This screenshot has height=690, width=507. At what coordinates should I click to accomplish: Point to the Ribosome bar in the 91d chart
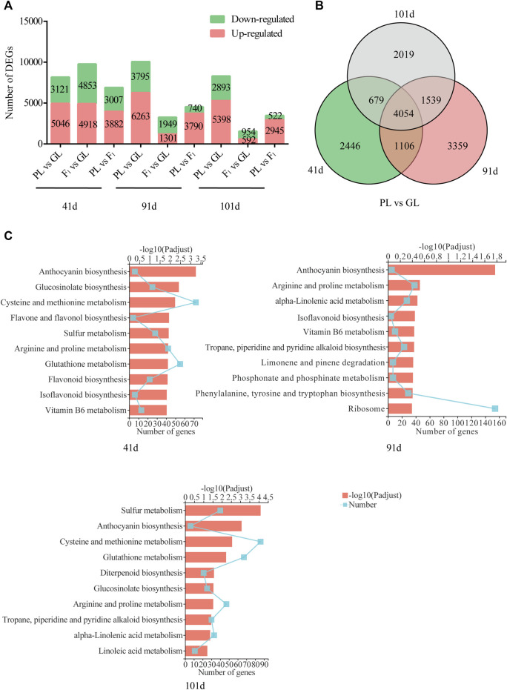(400, 408)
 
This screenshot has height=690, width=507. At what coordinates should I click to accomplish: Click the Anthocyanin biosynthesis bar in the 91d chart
(441, 269)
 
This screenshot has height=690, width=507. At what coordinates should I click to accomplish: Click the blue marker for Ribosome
(495, 408)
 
